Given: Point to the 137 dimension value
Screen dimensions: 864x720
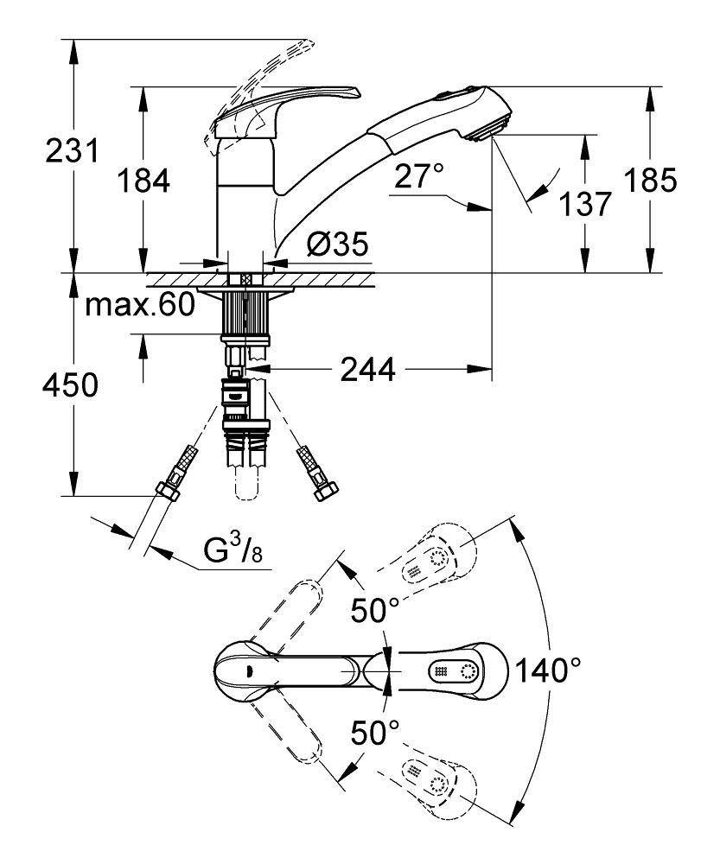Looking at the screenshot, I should [586, 204].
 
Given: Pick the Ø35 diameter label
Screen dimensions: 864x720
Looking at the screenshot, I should [337, 245].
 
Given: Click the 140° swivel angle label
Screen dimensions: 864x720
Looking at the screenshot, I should [546, 669].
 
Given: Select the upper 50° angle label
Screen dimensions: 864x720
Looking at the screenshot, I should [375, 611].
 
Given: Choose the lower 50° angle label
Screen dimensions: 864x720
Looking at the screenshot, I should [375, 734].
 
